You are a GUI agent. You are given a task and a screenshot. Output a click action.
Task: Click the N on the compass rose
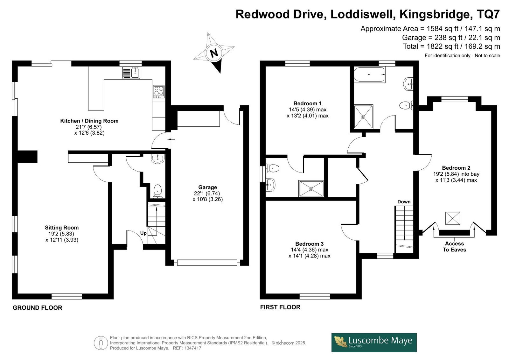click(214, 53)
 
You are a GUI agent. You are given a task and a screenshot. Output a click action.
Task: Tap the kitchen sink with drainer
click(131, 73)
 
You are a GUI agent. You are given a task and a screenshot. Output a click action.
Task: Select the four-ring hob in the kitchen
click(159, 92)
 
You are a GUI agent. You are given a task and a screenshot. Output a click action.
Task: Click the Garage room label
click(207, 187)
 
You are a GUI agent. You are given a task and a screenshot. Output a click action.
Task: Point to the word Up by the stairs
click(143, 233)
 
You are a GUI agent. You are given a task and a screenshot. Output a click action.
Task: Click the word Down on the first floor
click(404, 202)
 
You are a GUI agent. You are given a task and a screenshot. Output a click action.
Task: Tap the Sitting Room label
click(62, 228)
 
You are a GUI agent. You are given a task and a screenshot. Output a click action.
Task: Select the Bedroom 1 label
click(307, 103)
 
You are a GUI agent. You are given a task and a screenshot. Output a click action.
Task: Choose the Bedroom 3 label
click(309, 244)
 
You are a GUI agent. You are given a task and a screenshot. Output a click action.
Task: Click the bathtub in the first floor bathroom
click(369, 74)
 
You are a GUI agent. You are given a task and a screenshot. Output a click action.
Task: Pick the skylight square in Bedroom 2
click(452, 218)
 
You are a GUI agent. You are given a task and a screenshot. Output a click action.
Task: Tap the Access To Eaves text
click(454, 246)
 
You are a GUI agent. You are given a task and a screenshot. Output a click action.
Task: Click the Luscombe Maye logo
click(374, 342)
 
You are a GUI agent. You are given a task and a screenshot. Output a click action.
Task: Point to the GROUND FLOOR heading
click(38, 308)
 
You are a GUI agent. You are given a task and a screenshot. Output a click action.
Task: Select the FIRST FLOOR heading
click(280, 307)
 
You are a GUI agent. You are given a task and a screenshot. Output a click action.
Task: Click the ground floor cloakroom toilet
click(158, 191)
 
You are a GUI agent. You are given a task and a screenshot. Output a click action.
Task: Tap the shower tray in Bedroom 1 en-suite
click(311, 189)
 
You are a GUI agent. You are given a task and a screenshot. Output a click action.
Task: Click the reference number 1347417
click(193, 348)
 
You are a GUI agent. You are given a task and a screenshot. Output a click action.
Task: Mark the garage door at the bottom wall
click(207, 263)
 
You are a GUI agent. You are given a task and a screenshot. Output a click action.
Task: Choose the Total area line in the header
click(451, 46)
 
